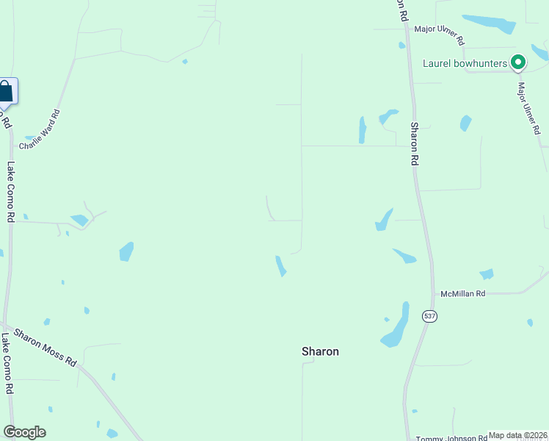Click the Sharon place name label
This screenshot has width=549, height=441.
click(x=320, y=351)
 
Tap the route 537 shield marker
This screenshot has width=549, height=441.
click(x=429, y=316)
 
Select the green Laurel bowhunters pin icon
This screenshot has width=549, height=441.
click(x=518, y=63)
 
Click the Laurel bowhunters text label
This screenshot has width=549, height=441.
click(x=465, y=63)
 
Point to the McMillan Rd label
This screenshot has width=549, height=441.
click(x=462, y=294)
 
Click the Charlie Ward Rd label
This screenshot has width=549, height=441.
click(x=40, y=130)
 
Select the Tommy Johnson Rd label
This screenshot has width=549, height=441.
click(x=451, y=438)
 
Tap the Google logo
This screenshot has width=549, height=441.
click(x=24, y=432)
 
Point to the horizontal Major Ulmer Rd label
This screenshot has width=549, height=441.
click(x=439, y=34)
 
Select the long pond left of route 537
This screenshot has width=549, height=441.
click(x=396, y=326)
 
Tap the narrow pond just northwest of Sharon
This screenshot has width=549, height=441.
click(x=280, y=266)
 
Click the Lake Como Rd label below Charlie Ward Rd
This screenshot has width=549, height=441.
click(x=10, y=192)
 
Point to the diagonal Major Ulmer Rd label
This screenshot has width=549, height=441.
click(x=528, y=108)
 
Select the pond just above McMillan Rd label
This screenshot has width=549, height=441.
click(x=487, y=274)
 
